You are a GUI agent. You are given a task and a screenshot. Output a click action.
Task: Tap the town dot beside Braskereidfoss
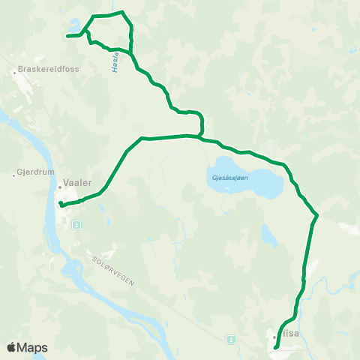14,72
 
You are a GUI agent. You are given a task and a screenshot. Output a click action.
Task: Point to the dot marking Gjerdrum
14,175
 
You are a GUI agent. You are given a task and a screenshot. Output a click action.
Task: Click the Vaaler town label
78,182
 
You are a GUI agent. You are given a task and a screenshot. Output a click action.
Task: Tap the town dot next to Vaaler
60,187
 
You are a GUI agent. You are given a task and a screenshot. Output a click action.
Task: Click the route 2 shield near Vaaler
76,224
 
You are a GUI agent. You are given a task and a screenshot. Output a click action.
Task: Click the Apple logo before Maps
11,347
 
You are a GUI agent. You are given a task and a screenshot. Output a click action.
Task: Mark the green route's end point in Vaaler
60,203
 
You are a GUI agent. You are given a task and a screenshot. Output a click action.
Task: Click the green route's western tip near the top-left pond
67,35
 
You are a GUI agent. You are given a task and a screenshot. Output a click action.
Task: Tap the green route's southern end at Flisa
276,348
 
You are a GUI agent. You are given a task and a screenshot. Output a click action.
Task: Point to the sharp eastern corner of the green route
318,215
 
